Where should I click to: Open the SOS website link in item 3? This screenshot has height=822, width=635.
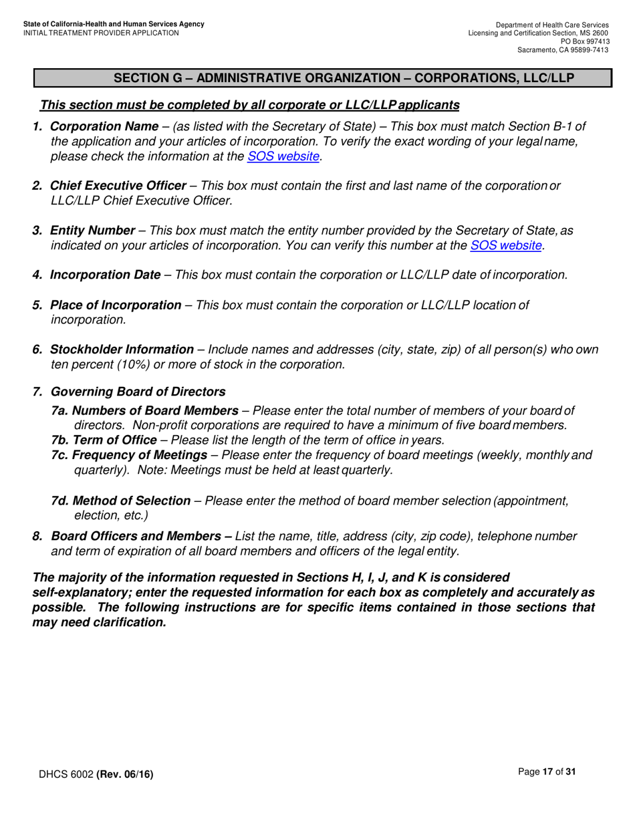[x=506, y=245]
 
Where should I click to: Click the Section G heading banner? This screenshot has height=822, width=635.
[x=323, y=78]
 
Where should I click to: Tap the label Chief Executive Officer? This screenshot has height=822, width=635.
[x=118, y=186]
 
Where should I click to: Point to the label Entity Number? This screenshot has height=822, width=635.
[x=92, y=231]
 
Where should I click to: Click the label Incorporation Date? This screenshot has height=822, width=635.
[x=105, y=275]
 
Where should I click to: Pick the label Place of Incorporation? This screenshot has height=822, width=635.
[x=116, y=305]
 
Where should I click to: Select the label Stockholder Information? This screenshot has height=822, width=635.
[x=122, y=350]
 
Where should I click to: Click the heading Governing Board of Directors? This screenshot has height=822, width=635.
[x=138, y=392]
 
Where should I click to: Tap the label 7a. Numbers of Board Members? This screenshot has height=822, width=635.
[x=144, y=410]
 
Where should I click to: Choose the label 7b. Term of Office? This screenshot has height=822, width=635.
[x=104, y=440]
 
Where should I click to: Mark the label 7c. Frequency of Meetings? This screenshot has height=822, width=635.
[x=129, y=455]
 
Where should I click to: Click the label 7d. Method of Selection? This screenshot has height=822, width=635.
[x=121, y=501]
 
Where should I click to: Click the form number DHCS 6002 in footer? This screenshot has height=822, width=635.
[x=66, y=775]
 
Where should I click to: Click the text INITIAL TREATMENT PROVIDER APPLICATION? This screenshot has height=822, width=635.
[x=101, y=33]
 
